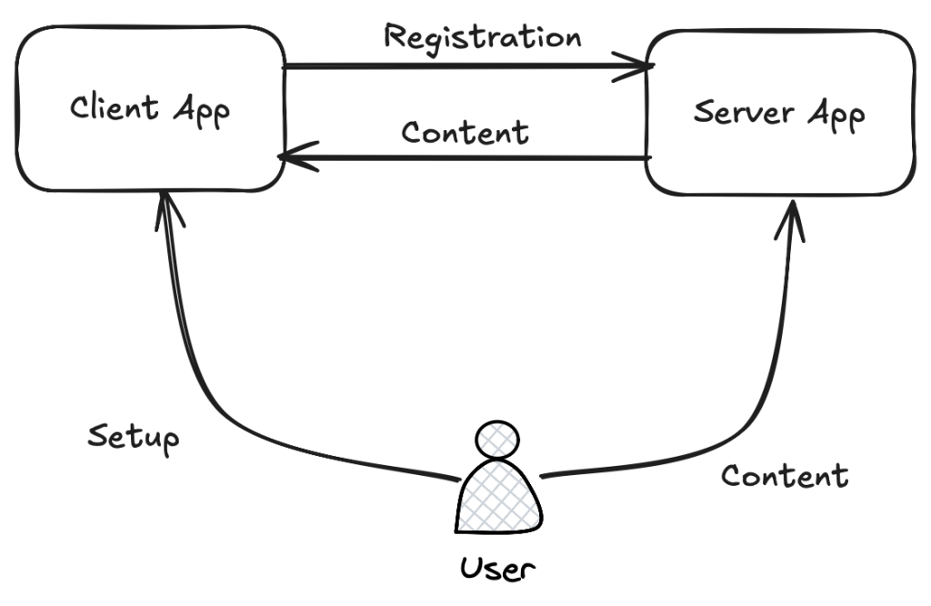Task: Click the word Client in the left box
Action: [115, 107]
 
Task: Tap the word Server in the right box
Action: [744, 112]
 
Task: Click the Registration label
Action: [483, 38]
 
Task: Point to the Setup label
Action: [133, 439]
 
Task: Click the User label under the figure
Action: [497, 568]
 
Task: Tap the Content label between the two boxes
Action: [465, 133]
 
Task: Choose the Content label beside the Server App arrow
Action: [785, 475]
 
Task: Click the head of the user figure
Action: [497, 440]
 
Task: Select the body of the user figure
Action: [499, 497]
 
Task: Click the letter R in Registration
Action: [395, 35]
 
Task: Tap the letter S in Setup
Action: [97, 436]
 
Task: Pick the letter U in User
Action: [471, 568]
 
